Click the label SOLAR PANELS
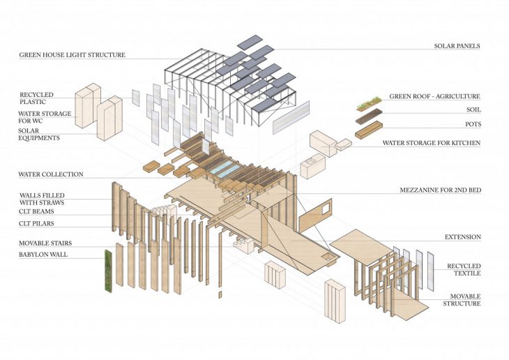pos(457,46)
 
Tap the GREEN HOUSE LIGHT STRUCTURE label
pos(72,54)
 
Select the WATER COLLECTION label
pos(51,174)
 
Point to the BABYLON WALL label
pos(43,254)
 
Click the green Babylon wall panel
pos(108,271)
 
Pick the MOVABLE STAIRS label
pos(45,243)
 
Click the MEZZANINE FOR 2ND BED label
pos(440,190)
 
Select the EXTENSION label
pos(463,237)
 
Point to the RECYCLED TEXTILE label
pos(464,270)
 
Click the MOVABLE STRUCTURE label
pos(462,300)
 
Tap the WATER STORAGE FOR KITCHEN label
pos(432,142)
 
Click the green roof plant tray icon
pos(369,104)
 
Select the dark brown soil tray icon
pos(369,117)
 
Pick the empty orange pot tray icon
pos(369,130)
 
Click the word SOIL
pos(473,110)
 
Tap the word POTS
pos(473,124)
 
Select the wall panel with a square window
pos(315,216)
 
